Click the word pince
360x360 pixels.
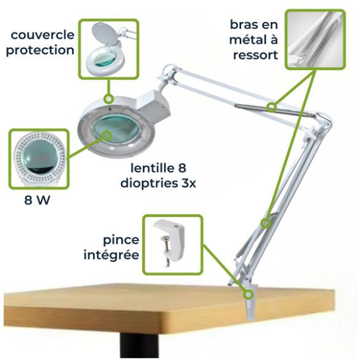[120, 238]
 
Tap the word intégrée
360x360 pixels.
[111, 253]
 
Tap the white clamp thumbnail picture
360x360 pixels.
[172, 244]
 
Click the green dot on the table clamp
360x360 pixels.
[249, 294]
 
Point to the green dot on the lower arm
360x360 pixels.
[265, 223]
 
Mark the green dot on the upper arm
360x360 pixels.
[271, 108]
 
